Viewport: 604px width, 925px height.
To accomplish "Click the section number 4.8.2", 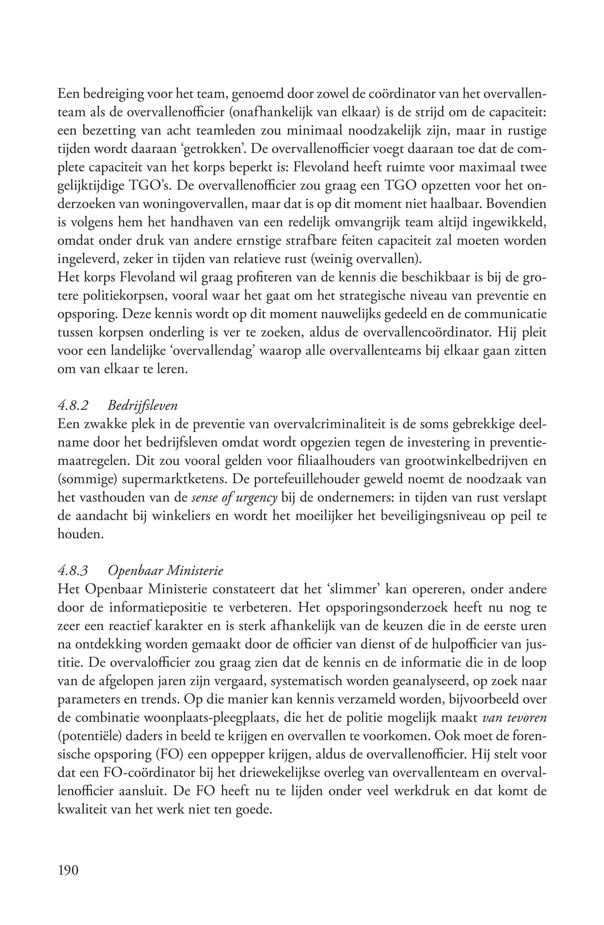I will tap(73, 406).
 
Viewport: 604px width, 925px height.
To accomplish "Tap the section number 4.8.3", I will tap(73, 571).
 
